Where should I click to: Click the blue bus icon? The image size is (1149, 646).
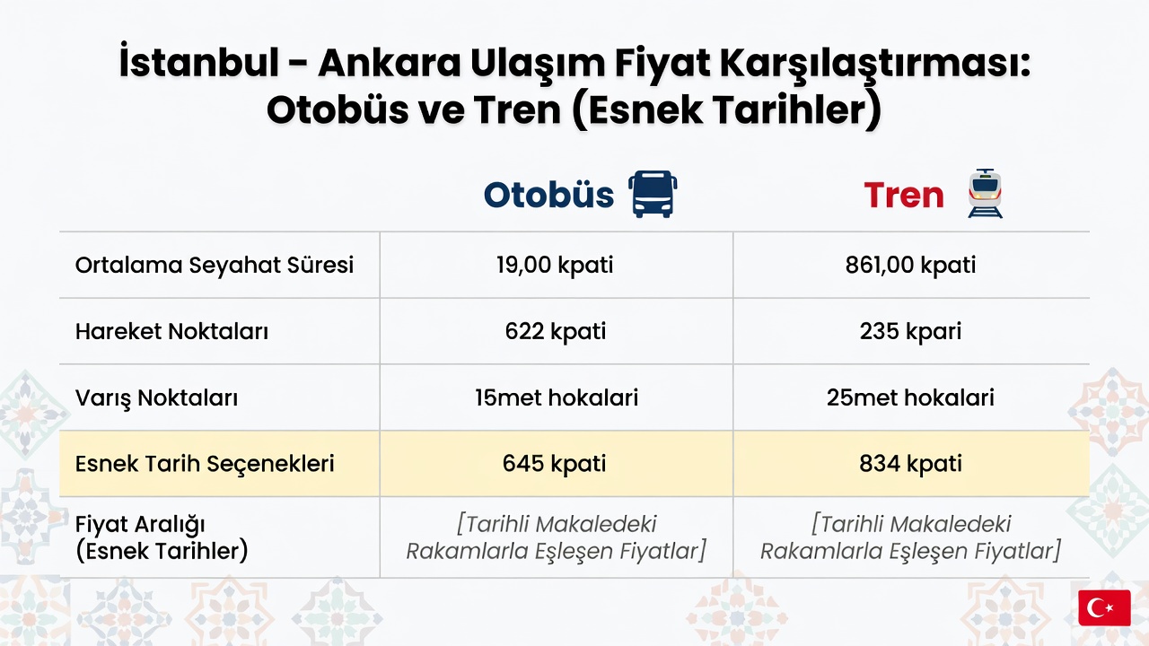[x=653, y=195]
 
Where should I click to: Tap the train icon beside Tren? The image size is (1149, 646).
[x=985, y=193]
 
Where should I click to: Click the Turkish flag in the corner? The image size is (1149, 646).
[x=1104, y=607]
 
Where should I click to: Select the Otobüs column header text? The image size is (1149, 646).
[x=548, y=195]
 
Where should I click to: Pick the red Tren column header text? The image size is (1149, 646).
[x=904, y=196]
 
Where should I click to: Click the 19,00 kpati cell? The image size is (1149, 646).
[x=555, y=265]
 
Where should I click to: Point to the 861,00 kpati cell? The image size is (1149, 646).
[x=910, y=265]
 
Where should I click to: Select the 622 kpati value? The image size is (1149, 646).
[x=556, y=331]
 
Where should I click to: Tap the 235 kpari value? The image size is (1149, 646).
[x=910, y=331]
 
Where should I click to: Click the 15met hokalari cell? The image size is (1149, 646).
[x=557, y=397]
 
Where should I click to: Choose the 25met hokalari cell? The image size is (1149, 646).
[x=910, y=397]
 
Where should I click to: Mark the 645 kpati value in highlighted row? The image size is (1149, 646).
[x=555, y=464]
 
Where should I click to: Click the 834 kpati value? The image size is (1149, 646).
[x=910, y=464]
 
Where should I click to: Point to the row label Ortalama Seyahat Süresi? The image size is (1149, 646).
[x=215, y=265]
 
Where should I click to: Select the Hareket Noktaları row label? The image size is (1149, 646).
[x=171, y=331]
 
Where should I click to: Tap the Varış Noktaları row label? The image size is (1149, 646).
[x=156, y=397]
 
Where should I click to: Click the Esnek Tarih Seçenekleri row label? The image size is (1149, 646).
[x=205, y=464]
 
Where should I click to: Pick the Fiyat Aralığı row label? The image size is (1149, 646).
[x=140, y=525]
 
